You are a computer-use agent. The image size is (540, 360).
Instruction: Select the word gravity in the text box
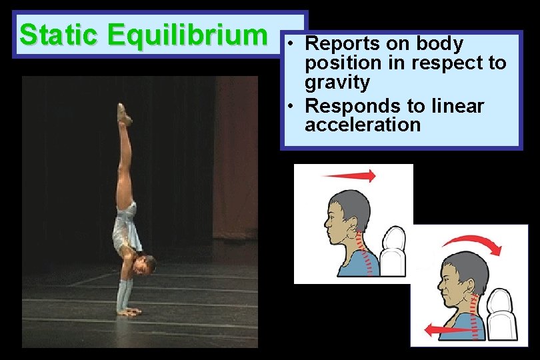337,83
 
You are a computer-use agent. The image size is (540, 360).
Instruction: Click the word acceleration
363,125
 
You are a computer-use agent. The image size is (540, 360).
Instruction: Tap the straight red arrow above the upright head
348,175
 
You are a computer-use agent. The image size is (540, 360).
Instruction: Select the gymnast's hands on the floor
128,310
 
